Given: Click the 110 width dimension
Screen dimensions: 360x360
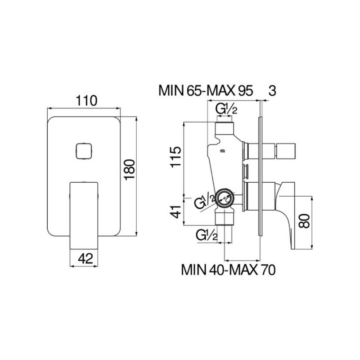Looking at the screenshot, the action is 86,100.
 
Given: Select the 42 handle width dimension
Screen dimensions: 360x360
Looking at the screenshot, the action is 85,258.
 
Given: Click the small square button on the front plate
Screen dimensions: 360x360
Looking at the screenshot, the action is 84,151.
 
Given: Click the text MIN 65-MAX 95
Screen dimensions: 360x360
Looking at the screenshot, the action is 206,91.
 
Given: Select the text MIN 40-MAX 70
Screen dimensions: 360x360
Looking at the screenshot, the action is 228,270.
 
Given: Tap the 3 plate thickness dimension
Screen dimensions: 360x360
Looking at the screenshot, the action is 272,91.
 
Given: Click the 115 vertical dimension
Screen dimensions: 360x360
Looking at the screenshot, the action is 175,157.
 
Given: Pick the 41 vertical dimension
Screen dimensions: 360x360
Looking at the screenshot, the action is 175,211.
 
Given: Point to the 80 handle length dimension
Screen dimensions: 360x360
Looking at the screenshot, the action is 304,221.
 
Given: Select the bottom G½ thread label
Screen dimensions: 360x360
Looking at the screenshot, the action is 207,235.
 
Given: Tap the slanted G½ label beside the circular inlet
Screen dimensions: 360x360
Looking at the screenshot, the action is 205,201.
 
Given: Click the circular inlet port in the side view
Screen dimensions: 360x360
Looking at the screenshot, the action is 225,198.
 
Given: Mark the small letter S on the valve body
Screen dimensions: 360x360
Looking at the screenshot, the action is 222,151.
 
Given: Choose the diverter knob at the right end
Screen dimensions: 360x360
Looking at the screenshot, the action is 286,151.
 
